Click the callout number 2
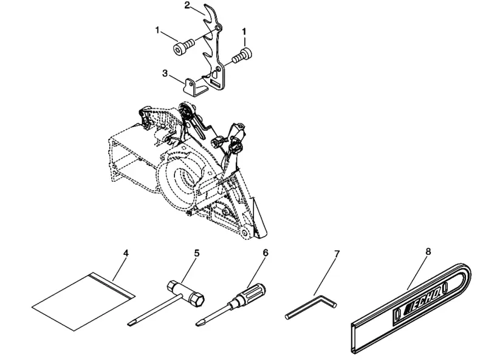(x=187, y=5)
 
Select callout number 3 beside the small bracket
(x=165, y=73)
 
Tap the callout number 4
(x=126, y=253)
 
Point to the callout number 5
(x=197, y=253)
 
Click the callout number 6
(x=265, y=253)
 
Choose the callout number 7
(x=337, y=254)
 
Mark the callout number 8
(x=428, y=251)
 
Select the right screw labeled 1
(x=242, y=55)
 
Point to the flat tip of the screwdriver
(x=199, y=324)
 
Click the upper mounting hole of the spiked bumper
(x=219, y=29)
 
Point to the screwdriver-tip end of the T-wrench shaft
(x=130, y=324)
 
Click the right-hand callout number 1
(x=244, y=32)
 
